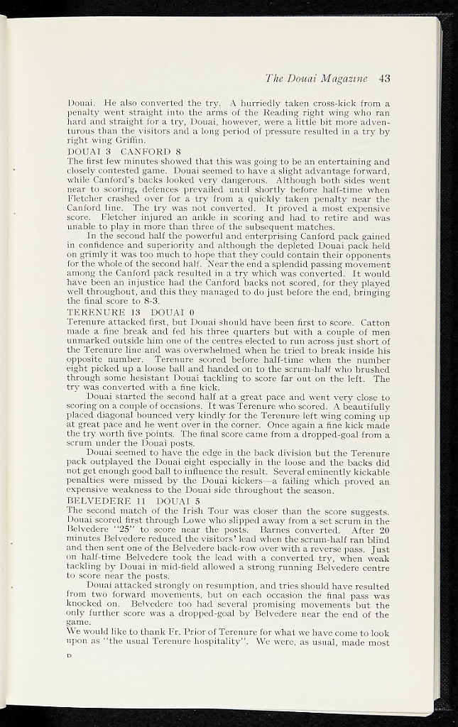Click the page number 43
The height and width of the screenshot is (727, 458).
coord(385,77)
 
